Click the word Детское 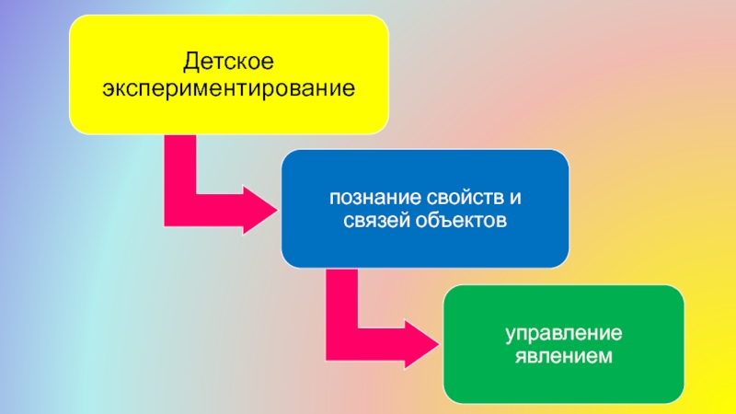pos(228,63)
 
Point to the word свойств pos(459,198)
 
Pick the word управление pos(564,331)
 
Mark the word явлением pos(564,355)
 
